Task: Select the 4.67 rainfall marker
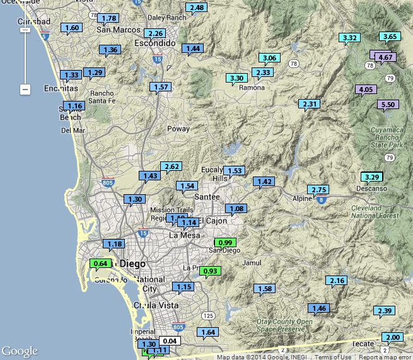click(x=385, y=57)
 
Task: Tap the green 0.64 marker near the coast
click(x=101, y=264)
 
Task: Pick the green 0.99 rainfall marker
click(x=225, y=243)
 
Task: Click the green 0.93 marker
click(x=210, y=271)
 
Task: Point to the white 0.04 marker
click(x=170, y=341)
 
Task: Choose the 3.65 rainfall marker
click(x=390, y=37)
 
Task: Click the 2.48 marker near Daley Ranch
click(x=197, y=8)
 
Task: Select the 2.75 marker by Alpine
click(x=319, y=190)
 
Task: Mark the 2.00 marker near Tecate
click(x=392, y=337)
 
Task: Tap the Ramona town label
click(x=252, y=88)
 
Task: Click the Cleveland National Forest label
click(x=376, y=211)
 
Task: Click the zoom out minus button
click(x=25, y=90)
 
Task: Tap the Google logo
click(x=20, y=351)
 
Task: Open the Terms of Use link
click(x=333, y=357)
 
